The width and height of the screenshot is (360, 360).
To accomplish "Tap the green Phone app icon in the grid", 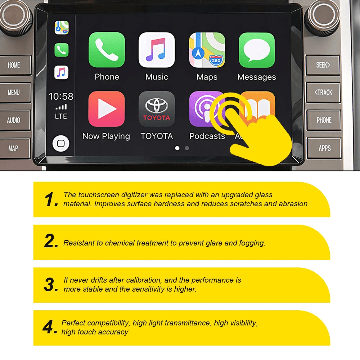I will click(107, 50).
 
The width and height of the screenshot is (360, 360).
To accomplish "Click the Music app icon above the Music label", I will click(157, 50).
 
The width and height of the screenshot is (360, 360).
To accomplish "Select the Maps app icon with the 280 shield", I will click(207, 50).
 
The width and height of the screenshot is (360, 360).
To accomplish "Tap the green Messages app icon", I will click(257, 50).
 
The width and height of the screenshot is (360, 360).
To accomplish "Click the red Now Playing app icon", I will click(107, 109).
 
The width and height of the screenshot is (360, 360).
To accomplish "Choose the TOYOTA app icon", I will click(157, 109).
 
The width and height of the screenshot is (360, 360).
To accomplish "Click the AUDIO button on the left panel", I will click(14, 120).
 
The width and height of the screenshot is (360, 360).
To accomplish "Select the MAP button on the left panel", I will click(13, 148).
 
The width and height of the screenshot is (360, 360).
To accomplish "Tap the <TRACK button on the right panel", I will click(323, 93).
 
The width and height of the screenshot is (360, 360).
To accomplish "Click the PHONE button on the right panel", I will click(324, 120).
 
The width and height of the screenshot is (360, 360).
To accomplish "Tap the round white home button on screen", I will click(61, 144).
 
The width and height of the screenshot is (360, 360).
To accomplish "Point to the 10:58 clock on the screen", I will click(61, 96).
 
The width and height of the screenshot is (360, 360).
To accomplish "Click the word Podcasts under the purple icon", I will click(207, 136).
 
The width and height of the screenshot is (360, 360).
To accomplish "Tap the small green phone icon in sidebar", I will click(61, 50).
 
